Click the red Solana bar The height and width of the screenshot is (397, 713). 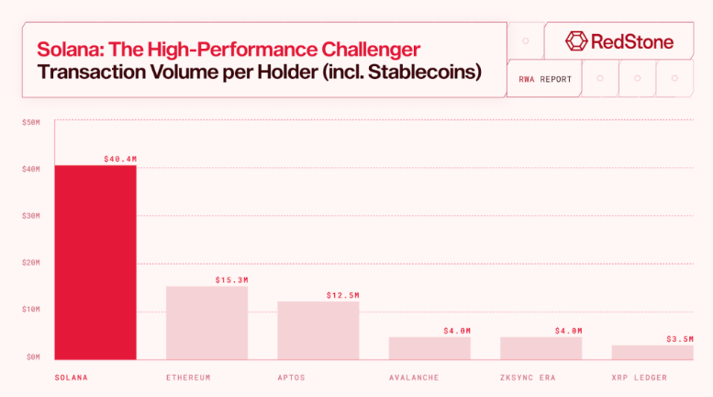pyautogui.click(x=95, y=262)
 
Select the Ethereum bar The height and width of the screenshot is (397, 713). pyautogui.click(x=206, y=323)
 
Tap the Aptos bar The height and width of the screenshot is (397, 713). pyautogui.click(x=318, y=331)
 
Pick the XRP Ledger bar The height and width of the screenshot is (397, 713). pyautogui.click(x=652, y=352)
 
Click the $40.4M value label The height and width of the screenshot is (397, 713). pyautogui.click(x=120, y=159)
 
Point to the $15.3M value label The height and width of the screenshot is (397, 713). pyautogui.click(x=232, y=280)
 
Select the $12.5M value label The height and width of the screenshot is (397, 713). pyautogui.click(x=343, y=296)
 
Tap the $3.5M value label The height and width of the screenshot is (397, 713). pyautogui.click(x=680, y=339)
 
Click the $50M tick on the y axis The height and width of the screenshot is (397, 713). pyautogui.click(x=31, y=122)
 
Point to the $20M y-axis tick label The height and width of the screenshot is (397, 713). pyautogui.click(x=31, y=263)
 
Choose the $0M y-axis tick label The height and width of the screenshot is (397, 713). pyautogui.click(x=33, y=357)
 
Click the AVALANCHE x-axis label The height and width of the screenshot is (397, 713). pyautogui.click(x=414, y=378)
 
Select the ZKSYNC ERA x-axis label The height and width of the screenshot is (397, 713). pyautogui.click(x=528, y=378)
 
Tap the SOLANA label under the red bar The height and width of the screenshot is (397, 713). pyautogui.click(x=71, y=378)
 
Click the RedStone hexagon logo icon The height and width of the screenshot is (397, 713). pyautogui.click(x=576, y=41)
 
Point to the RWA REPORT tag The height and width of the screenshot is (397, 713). pyautogui.click(x=545, y=79)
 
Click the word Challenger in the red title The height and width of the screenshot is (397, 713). pyautogui.click(x=371, y=50)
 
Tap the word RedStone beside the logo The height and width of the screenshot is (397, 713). pyautogui.click(x=632, y=41)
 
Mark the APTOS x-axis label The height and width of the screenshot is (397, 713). pyautogui.click(x=292, y=378)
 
